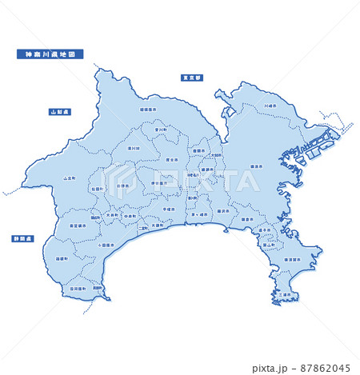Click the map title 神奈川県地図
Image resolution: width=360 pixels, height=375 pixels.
pos(49,54)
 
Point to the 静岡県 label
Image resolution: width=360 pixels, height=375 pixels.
pos(22,239)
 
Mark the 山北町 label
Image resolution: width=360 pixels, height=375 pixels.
pos(70,178)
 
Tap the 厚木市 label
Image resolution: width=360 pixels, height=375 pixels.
pos(171,159)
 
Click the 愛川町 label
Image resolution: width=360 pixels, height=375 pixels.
pos(161,130)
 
